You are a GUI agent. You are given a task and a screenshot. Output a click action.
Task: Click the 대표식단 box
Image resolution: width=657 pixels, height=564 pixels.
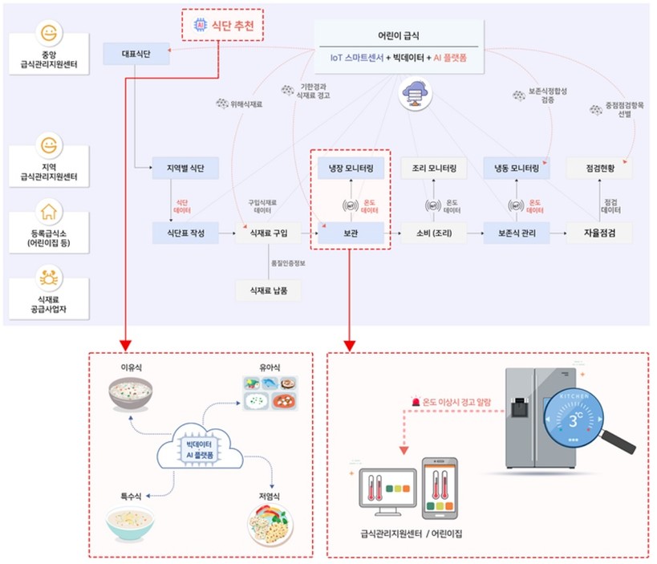136,55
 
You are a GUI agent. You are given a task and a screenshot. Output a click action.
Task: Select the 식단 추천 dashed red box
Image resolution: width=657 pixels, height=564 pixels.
224,26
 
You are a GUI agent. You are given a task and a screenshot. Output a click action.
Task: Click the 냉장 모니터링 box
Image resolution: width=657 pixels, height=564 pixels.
351,168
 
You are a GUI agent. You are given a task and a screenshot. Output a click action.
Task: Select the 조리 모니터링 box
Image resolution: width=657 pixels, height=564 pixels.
433,168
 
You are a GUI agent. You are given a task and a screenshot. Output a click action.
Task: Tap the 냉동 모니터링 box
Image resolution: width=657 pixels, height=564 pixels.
516,168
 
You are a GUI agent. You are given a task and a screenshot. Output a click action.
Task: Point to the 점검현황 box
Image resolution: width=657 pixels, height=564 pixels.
598,168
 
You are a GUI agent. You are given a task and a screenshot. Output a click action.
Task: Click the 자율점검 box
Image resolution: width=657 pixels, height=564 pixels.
598,233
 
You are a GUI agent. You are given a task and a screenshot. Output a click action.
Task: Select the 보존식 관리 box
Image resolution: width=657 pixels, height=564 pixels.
516,233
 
